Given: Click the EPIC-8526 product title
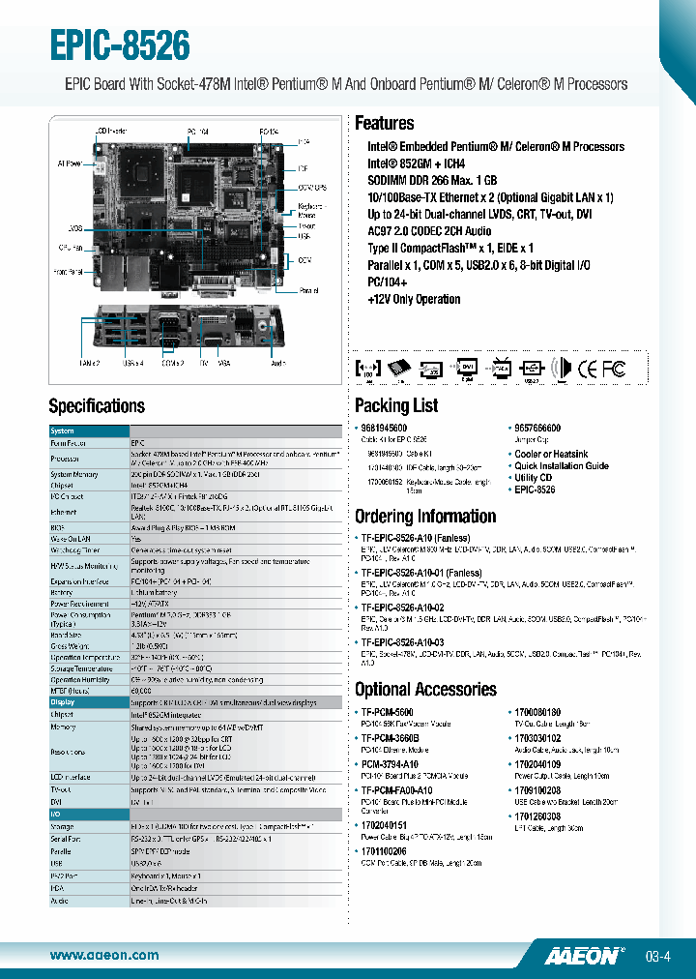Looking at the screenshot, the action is click(x=120, y=44).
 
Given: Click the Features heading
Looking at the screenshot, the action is click(x=384, y=124).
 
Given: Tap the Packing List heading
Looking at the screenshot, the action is click(x=395, y=405).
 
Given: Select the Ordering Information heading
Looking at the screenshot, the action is click(x=424, y=517).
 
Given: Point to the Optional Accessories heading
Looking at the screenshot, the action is click(x=425, y=690).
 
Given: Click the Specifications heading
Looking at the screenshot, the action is click(x=97, y=405).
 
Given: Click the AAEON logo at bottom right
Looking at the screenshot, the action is click(x=580, y=956).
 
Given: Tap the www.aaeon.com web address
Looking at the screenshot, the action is click(x=104, y=956).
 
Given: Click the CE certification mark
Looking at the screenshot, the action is click(x=587, y=369).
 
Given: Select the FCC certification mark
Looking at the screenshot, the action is click(x=613, y=369).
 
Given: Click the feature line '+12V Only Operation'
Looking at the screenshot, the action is click(x=414, y=299).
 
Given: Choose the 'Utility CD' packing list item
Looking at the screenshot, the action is click(x=534, y=478).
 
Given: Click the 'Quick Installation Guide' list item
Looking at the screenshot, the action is click(x=562, y=465).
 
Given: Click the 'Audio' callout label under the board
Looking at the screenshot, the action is click(x=278, y=363).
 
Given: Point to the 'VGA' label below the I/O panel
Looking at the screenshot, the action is click(x=224, y=363).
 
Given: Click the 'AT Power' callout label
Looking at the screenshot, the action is click(x=70, y=163).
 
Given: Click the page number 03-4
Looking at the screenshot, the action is click(x=658, y=957).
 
